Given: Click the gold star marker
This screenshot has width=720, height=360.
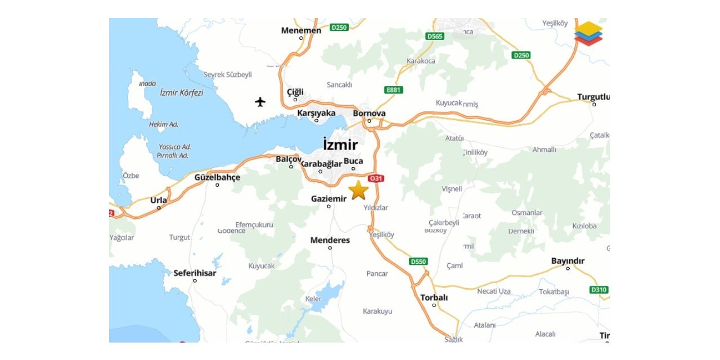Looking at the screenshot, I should tap(358, 191).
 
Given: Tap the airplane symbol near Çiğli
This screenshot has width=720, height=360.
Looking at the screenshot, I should tap(260, 102).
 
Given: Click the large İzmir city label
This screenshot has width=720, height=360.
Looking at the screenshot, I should tap(340, 145).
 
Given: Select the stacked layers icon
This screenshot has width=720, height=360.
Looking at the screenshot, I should tap(588, 33).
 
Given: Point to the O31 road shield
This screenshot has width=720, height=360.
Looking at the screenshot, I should tap(376, 179).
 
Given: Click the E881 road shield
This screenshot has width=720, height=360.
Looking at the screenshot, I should tap(394, 89).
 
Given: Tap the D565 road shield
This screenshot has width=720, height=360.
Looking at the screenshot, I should tap(435, 36).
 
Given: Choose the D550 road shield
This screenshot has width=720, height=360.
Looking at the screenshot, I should tap(418, 262).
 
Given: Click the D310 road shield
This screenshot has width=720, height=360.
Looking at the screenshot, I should tap(598, 290).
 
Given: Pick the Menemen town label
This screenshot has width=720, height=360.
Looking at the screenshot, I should tap(301, 30).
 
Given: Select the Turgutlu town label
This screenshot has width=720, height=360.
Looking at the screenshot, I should tap(593, 97).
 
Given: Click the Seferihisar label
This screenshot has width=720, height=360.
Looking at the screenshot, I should tap(195, 273).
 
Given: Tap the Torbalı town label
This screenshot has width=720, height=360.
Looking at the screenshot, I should tap(434, 298).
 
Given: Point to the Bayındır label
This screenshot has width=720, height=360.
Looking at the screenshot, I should tap(568, 261).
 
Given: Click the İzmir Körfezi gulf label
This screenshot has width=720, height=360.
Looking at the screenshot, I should tap(181, 93).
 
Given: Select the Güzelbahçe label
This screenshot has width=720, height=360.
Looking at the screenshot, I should tap(217, 177).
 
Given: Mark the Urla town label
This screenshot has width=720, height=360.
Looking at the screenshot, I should tap(159, 200).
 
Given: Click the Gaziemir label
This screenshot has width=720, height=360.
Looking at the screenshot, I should tap(328, 199).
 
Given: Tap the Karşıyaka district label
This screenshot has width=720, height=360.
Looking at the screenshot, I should tap(316, 112).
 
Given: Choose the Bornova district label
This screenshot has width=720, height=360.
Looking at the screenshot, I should tap(369, 113).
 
